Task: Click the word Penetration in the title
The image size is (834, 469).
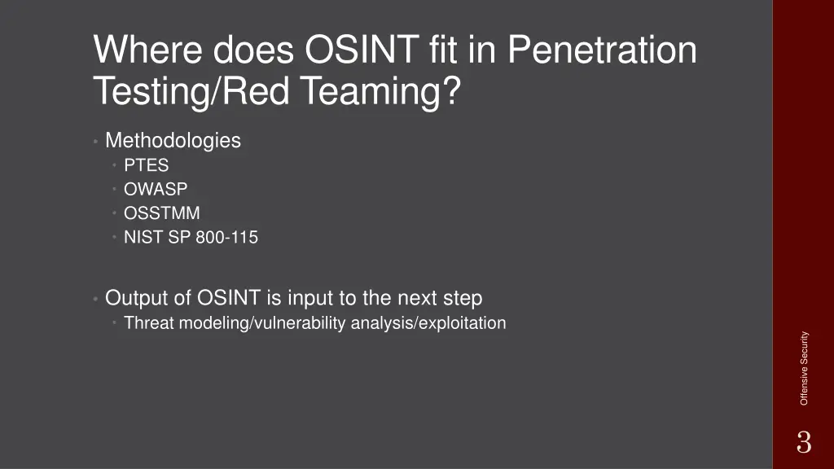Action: [x=602, y=50]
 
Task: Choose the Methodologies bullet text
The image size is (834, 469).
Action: [x=173, y=141]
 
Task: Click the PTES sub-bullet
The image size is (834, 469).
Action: [x=146, y=165]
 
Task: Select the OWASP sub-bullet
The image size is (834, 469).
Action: [x=155, y=189]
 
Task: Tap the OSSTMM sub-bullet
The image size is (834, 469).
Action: [x=161, y=213]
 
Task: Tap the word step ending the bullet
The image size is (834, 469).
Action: [x=461, y=298]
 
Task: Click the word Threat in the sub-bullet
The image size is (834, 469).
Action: [x=150, y=323]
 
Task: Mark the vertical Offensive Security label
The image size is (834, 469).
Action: [x=804, y=368]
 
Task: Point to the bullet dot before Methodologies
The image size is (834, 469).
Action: [x=96, y=142]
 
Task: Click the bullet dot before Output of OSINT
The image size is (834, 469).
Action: [x=96, y=299]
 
